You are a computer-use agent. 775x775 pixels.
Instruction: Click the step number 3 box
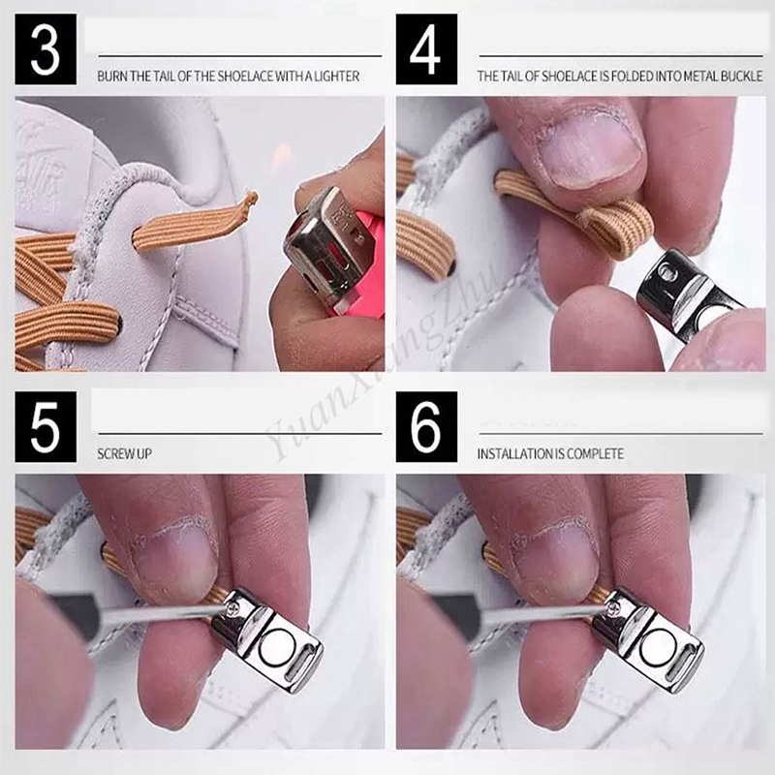coord(46,49)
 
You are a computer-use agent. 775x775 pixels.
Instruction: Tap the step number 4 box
coord(426,49)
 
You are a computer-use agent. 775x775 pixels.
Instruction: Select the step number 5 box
coord(46,427)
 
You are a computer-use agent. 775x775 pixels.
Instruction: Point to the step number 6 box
coord(426,427)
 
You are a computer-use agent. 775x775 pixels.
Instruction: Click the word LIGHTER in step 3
coord(336,77)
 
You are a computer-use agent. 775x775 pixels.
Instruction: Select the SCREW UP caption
coord(125,453)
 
